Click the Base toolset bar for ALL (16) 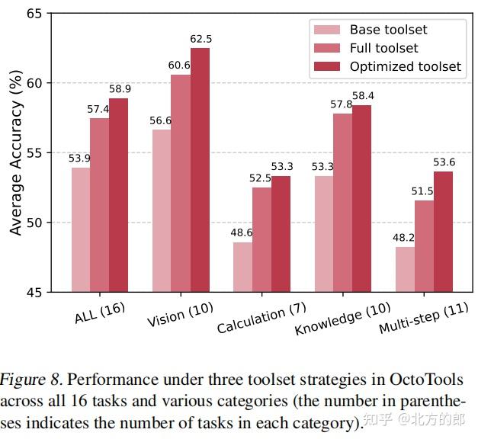tap(81, 229)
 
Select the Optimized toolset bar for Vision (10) tap(200, 169)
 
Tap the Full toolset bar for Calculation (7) tap(261, 239)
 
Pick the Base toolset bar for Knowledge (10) tap(324, 234)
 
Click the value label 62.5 tap(201, 39)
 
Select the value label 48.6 tap(243, 233)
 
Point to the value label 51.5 tap(423, 191)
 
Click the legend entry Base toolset tap(388, 30)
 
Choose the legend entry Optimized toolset tap(405, 66)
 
